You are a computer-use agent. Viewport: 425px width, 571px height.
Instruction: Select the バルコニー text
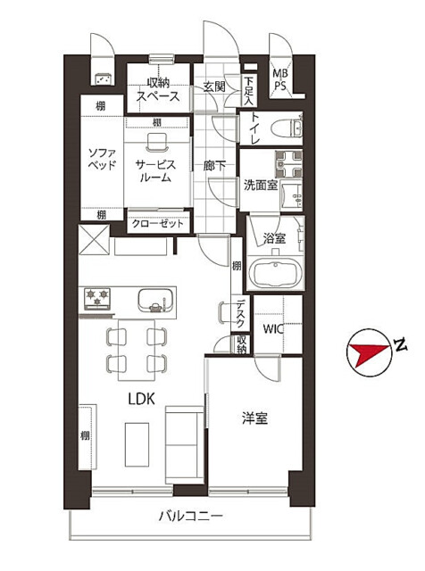[x=190, y=516]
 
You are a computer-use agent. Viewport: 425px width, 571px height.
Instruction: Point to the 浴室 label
[x=273, y=238]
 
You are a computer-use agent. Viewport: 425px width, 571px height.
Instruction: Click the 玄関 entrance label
[x=213, y=87]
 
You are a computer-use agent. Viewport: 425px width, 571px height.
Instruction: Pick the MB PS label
[x=279, y=80]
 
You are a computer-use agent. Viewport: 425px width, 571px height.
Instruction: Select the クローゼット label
[x=159, y=223]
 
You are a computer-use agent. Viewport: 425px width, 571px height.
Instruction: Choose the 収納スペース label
[x=158, y=89]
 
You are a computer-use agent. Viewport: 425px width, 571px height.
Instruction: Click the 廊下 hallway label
[x=213, y=165]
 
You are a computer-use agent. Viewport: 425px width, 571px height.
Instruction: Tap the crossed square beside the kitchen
[x=94, y=238]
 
